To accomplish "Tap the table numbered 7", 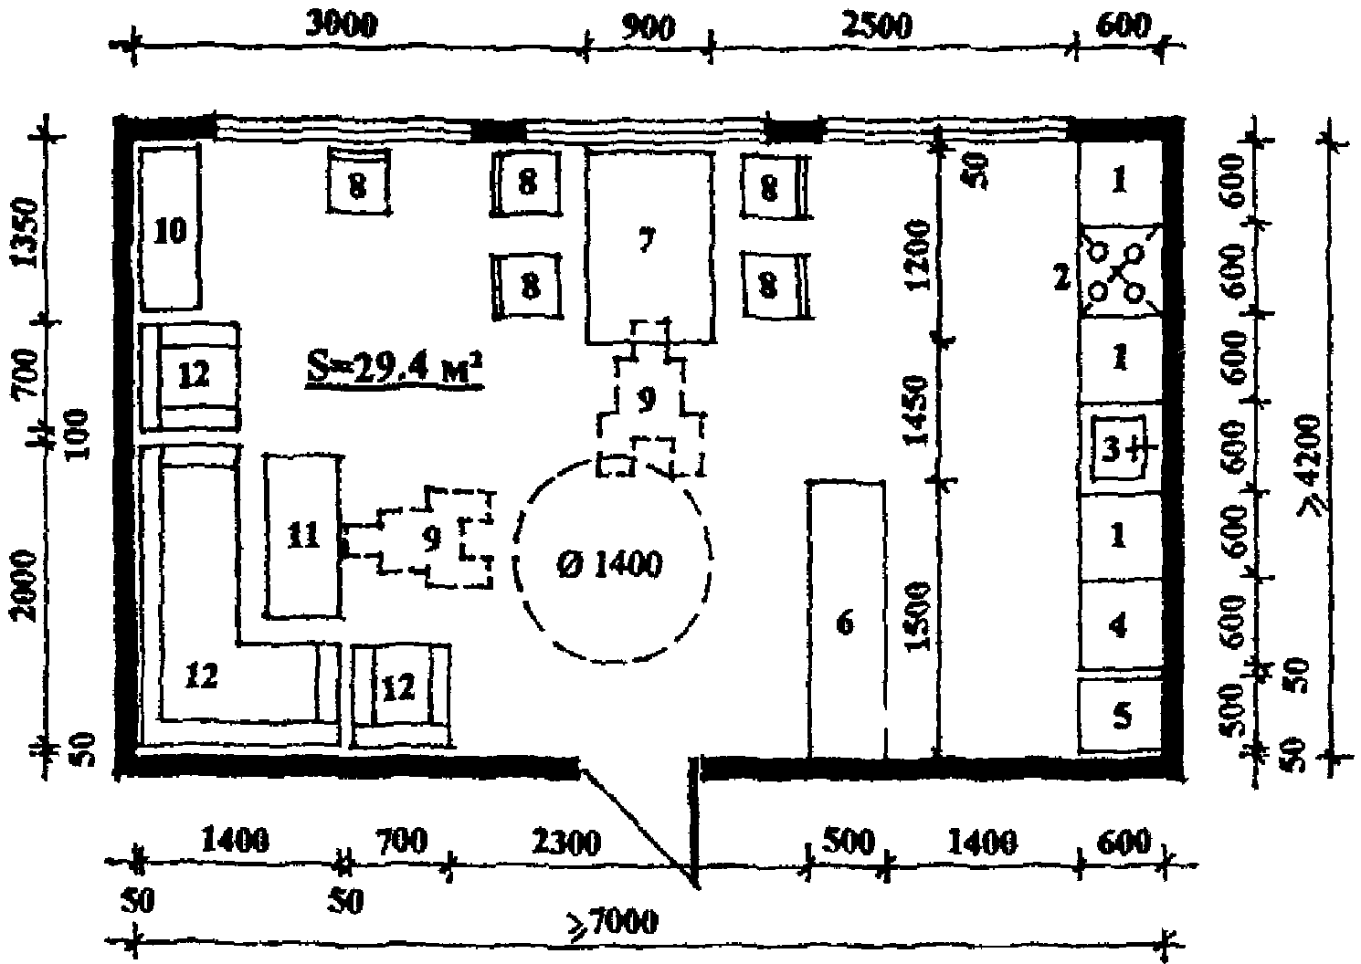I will (x=649, y=245).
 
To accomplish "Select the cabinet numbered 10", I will (x=170, y=228).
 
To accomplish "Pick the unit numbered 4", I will (x=1120, y=627).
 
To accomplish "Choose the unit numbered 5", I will (x=1122, y=717).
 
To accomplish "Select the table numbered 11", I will (x=303, y=536).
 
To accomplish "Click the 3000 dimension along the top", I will (x=340, y=26).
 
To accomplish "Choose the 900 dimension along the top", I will (x=648, y=26).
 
